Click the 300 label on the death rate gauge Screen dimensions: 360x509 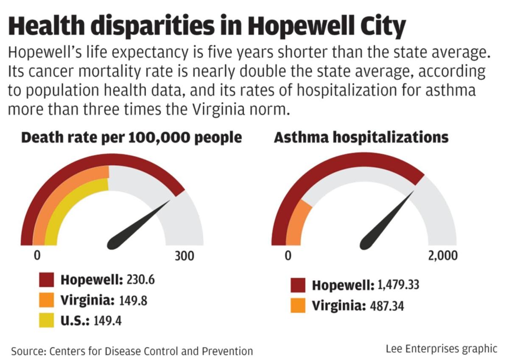(x=185, y=257)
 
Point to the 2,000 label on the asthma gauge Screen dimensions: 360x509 (x=442, y=257)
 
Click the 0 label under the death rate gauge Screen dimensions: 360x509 (x=37, y=257)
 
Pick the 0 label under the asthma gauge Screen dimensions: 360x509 (x=288, y=257)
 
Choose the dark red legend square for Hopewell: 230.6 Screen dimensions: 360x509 (x=46, y=280)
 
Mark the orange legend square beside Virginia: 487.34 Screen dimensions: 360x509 (x=298, y=306)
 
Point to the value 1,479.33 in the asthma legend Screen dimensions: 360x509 (x=398, y=285)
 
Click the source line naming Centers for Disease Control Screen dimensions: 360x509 (x=132, y=351)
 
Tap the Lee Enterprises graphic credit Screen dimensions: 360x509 (x=441, y=349)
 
